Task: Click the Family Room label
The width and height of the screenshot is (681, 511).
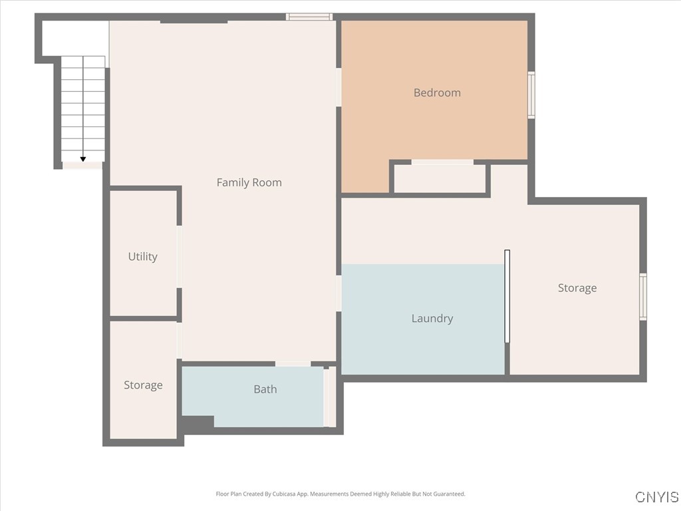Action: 249,182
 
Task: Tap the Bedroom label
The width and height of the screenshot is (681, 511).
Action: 437,92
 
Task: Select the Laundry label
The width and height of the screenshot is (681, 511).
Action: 432,318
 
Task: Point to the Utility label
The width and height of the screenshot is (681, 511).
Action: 142,256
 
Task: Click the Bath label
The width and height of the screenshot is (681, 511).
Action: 265,389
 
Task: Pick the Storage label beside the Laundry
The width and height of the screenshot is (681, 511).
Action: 577,287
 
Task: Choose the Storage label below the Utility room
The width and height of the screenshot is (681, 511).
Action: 143,385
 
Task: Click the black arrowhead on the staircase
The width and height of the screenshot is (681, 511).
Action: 83,159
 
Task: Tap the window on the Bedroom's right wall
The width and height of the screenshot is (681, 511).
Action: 531,95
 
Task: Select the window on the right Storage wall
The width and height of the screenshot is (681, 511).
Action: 643,297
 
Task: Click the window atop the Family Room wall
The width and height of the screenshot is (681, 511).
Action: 309,17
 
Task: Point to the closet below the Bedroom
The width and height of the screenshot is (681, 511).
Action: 440,178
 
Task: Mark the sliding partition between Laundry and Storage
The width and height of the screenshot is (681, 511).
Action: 507,296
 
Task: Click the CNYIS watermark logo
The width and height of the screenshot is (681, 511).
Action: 656,497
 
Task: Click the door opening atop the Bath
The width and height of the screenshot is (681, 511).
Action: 293,363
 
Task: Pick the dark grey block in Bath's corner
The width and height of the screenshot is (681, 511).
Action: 198,422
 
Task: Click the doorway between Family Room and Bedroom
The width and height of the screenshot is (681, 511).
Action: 339,86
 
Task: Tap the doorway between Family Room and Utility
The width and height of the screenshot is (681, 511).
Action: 179,256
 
